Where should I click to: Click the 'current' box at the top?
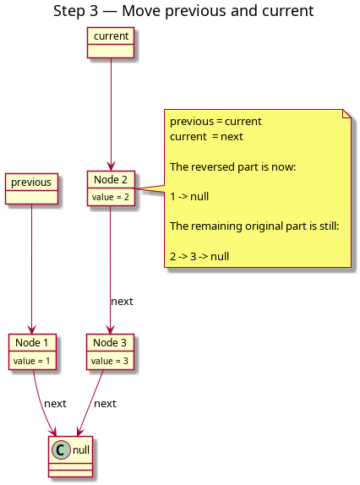[x=111, y=43]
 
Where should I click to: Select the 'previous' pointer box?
[x=31, y=188]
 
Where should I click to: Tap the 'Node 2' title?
[x=111, y=179]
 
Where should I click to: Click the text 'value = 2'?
[x=111, y=197]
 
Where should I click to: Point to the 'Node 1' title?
[x=32, y=343]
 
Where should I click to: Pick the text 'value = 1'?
[x=32, y=361]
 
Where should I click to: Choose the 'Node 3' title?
[x=110, y=343]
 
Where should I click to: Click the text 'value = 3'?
[x=110, y=361]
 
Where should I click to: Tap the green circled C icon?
[x=61, y=450]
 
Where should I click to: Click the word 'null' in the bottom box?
[x=81, y=450]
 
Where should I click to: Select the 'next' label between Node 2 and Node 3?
[x=122, y=302]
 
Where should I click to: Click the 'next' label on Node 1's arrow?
[x=56, y=404]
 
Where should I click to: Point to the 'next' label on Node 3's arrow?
[x=105, y=404]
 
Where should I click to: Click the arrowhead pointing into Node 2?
[x=111, y=166]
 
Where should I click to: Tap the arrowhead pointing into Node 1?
[x=31, y=330]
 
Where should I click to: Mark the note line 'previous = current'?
[x=215, y=122]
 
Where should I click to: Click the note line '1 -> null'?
[x=189, y=196]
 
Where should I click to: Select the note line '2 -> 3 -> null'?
[x=199, y=256]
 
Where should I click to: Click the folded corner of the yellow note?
[x=347, y=113]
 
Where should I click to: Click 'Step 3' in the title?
[x=76, y=11]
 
